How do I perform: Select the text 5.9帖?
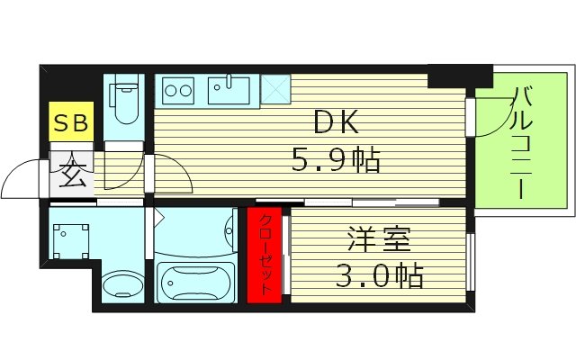[x=335, y=162]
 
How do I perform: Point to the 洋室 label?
[x=378, y=241]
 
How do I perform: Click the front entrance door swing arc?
[x=22, y=180]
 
